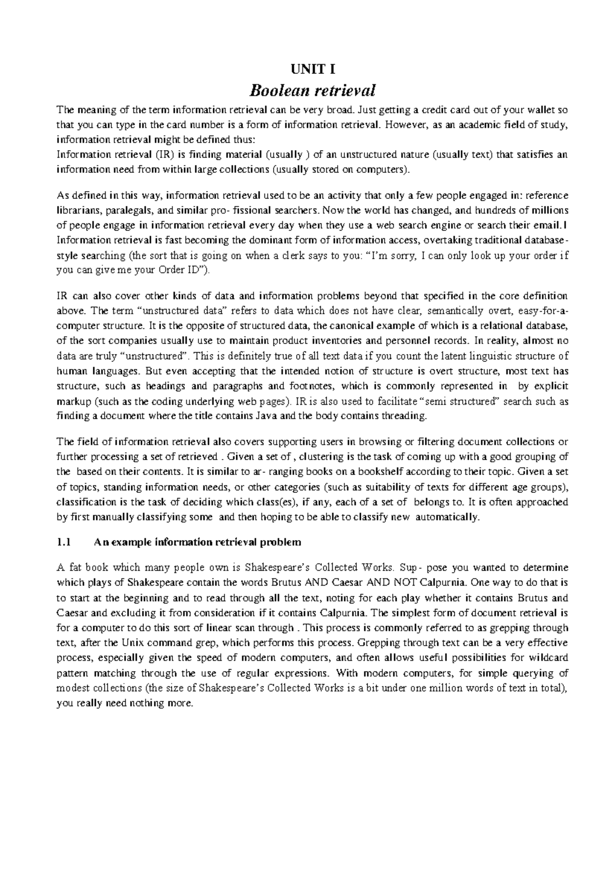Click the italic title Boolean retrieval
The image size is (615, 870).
[x=312, y=91]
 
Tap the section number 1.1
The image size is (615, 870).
[x=63, y=542]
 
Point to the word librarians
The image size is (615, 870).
[x=78, y=210]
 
